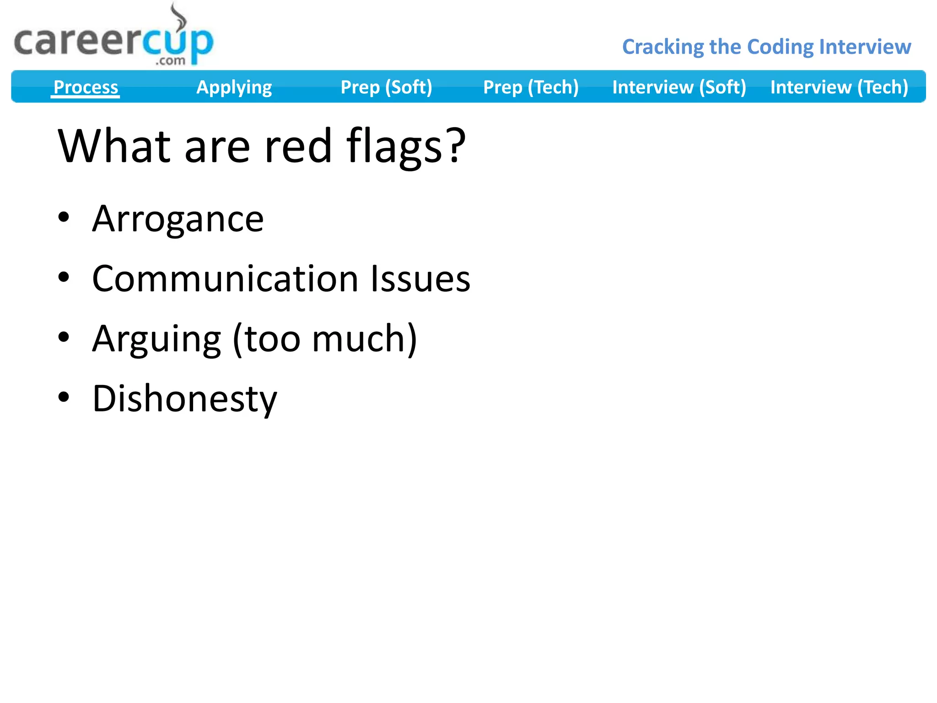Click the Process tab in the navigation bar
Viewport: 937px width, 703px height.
coord(86,87)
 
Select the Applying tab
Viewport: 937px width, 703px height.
coord(234,87)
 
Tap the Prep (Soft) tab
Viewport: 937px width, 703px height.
coord(386,87)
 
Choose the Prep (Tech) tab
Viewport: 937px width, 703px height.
coord(531,87)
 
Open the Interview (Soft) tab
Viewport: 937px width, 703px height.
coord(679,87)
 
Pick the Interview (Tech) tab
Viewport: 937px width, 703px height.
coord(839,87)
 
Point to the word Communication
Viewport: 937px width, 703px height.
coord(225,279)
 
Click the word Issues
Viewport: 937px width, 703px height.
coord(420,279)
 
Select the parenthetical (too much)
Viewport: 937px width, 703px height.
coord(325,339)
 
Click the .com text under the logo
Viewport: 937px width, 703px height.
coord(170,60)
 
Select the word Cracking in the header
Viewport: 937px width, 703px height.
coord(662,47)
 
